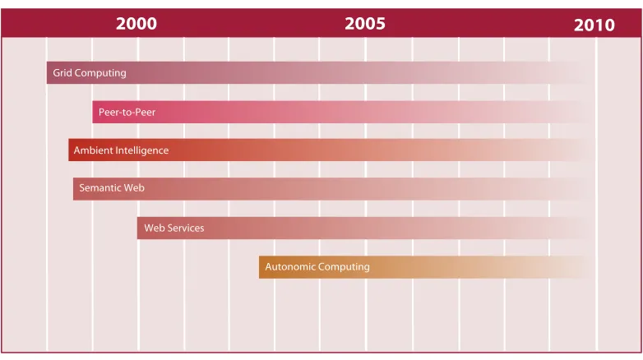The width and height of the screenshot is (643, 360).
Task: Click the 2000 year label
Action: tap(136, 23)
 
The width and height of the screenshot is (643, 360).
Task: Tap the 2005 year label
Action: tap(365, 23)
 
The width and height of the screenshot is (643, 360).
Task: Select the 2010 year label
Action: tap(594, 25)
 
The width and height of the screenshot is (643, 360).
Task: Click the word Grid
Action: tap(62, 72)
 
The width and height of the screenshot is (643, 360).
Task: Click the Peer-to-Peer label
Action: tap(127, 112)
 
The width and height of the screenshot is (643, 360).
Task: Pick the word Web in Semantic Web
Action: tap(134, 187)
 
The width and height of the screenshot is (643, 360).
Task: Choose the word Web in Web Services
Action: tap(155, 228)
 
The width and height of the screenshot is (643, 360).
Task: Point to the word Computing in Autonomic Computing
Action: tap(344, 267)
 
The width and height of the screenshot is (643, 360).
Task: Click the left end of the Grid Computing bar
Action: tap(47, 72)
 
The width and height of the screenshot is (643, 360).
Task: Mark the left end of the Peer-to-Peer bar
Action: tap(93, 112)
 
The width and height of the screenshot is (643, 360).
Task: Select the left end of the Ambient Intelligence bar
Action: tap(69, 150)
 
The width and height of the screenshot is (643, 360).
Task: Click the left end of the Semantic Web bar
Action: tap(74, 188)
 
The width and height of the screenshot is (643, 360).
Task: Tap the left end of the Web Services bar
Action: tap(138, 228)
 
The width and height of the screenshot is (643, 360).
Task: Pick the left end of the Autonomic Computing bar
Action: tap(260, 267)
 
